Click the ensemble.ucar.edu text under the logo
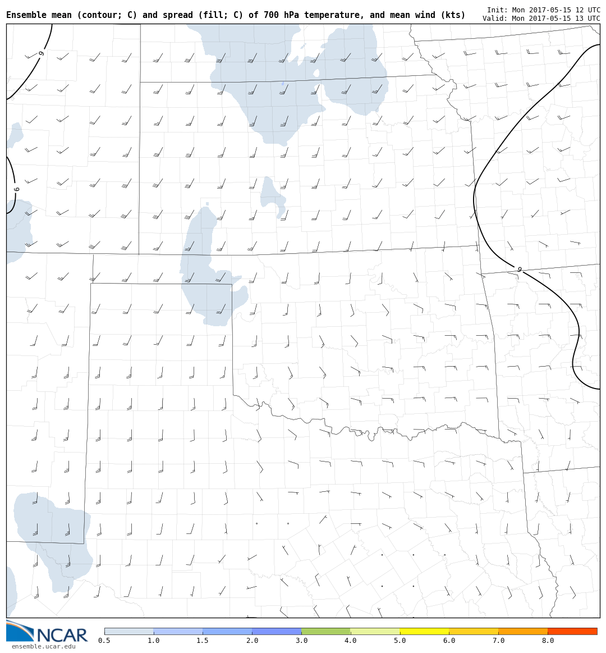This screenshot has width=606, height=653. [x=43, y=647]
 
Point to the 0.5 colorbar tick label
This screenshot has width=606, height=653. [x=104, y=641]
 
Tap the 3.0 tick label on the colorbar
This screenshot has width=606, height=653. [x=301, y=641]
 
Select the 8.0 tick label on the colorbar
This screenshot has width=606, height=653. [x=548, y=641]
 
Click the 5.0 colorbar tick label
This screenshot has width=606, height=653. [x=400, y=641]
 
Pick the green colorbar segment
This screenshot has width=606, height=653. [x=326, y=631]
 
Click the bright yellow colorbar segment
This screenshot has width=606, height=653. [x=424, y=631]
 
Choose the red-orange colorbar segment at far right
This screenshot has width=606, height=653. [x=572, y=631]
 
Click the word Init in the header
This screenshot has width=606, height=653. [x=497, y=10]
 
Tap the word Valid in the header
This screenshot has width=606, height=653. [x=494, y=19]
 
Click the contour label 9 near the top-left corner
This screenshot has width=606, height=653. [x=41, y=53]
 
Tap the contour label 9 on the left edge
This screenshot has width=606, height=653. [x=16, y=190]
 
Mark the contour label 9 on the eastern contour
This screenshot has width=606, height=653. [x=519, y=270]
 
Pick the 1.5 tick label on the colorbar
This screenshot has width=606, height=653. [x=203, y=641]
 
